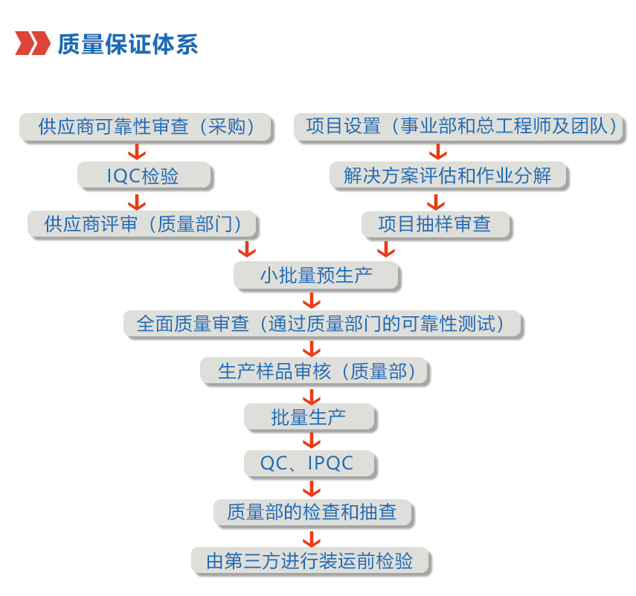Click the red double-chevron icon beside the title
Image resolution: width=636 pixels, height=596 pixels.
click(x=33, y=43)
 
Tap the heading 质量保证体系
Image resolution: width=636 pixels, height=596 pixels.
click(x=128, y=44)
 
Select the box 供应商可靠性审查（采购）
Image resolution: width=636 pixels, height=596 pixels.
click(x=145, y=127)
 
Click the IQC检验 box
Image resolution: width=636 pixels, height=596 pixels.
click(x=144, y=176)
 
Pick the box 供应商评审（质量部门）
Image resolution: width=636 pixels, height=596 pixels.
click(x=142, y=224)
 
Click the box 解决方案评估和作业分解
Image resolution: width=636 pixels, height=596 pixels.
click(x=448, y=176)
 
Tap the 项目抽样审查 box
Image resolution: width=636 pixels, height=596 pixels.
click(x=435, y=225)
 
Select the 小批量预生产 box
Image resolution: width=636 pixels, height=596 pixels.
click(x=316, y=275)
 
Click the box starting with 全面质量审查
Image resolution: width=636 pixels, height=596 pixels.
click(x=322, y=324)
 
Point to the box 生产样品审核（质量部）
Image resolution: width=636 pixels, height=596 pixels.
click(x=315, y=371)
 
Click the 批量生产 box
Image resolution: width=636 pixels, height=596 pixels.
click(x=309, y=417)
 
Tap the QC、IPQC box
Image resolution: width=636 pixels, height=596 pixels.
click(x=309, y=464)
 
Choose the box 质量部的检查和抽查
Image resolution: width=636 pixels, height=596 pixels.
click(x=312, y=512)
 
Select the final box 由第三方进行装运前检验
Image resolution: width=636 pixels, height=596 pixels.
click(x=310, y=561)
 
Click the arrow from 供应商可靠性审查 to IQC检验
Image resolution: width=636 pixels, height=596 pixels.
click(x=137, y=151)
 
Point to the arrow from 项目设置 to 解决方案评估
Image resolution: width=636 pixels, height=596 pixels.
click(x=437, y=151)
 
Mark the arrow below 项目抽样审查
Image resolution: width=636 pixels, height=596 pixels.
click(x=386, y=249)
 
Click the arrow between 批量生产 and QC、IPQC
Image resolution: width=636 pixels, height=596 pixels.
click(x=312, y=440)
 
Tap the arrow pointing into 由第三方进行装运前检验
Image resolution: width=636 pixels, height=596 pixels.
click(x=312, y=539)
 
